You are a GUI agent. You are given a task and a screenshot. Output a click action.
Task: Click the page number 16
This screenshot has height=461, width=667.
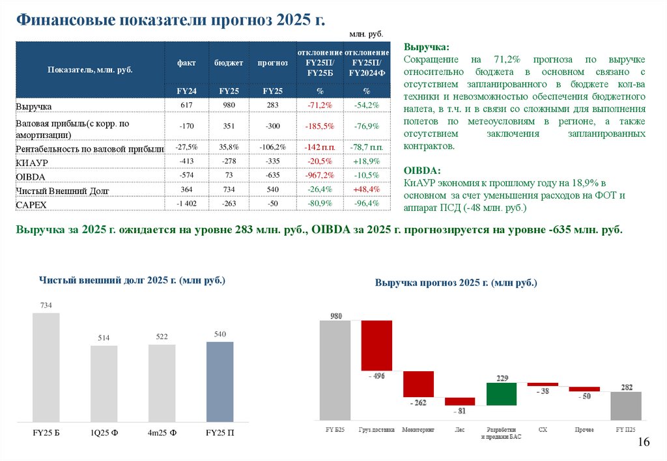tap(644, 443)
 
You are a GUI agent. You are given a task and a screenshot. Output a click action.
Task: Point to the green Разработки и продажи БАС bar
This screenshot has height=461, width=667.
tap(502, 393)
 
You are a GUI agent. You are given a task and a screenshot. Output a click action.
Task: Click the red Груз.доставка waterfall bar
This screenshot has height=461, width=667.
tap(376, 345)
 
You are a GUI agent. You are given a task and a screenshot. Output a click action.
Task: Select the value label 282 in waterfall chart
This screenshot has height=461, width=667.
tap(625, 386)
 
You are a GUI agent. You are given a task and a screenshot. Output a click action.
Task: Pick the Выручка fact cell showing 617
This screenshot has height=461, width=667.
tap(186, 105)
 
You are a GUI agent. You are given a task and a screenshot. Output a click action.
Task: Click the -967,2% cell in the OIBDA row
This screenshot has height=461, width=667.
tap(319, 175)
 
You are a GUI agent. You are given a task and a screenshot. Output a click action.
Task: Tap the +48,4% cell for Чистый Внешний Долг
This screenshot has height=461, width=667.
tap(366, 189)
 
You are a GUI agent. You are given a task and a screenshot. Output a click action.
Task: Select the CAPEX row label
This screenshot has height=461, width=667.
tap(32, 205)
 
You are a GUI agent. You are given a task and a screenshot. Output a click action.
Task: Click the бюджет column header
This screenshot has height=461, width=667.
tap(229, 63)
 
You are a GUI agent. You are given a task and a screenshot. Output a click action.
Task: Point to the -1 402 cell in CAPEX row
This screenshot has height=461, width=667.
tap(186, 204)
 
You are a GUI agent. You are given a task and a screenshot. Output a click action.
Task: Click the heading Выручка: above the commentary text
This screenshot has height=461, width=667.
tap(426, 48)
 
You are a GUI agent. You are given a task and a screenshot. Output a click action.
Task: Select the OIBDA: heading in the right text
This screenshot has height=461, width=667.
tap(422, 171)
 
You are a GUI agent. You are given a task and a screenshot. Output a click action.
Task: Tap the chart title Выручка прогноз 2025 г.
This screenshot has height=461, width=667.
tap(456, 283)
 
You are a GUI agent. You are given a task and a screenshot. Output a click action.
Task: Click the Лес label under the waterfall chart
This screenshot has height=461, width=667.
tap(459, 430)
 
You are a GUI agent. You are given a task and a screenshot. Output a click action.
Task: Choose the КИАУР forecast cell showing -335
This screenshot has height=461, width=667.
tap(272, 161)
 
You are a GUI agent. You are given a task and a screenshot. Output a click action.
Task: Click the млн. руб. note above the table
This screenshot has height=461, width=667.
tap(366, 33)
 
